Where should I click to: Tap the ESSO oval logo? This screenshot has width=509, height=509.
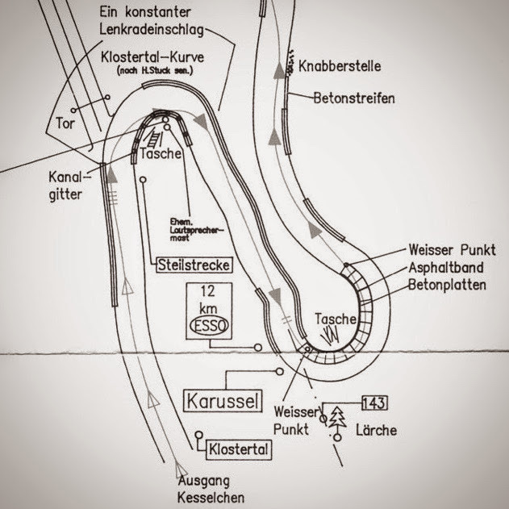(x=208, y=325)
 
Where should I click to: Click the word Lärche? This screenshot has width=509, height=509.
(x=377, y=430)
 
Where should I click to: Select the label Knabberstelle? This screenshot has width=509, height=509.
(x=339, y=65)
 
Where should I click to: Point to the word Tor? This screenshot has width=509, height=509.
(x=65, y=123)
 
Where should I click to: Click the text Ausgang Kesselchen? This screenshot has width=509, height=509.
(x=211, y=490)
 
